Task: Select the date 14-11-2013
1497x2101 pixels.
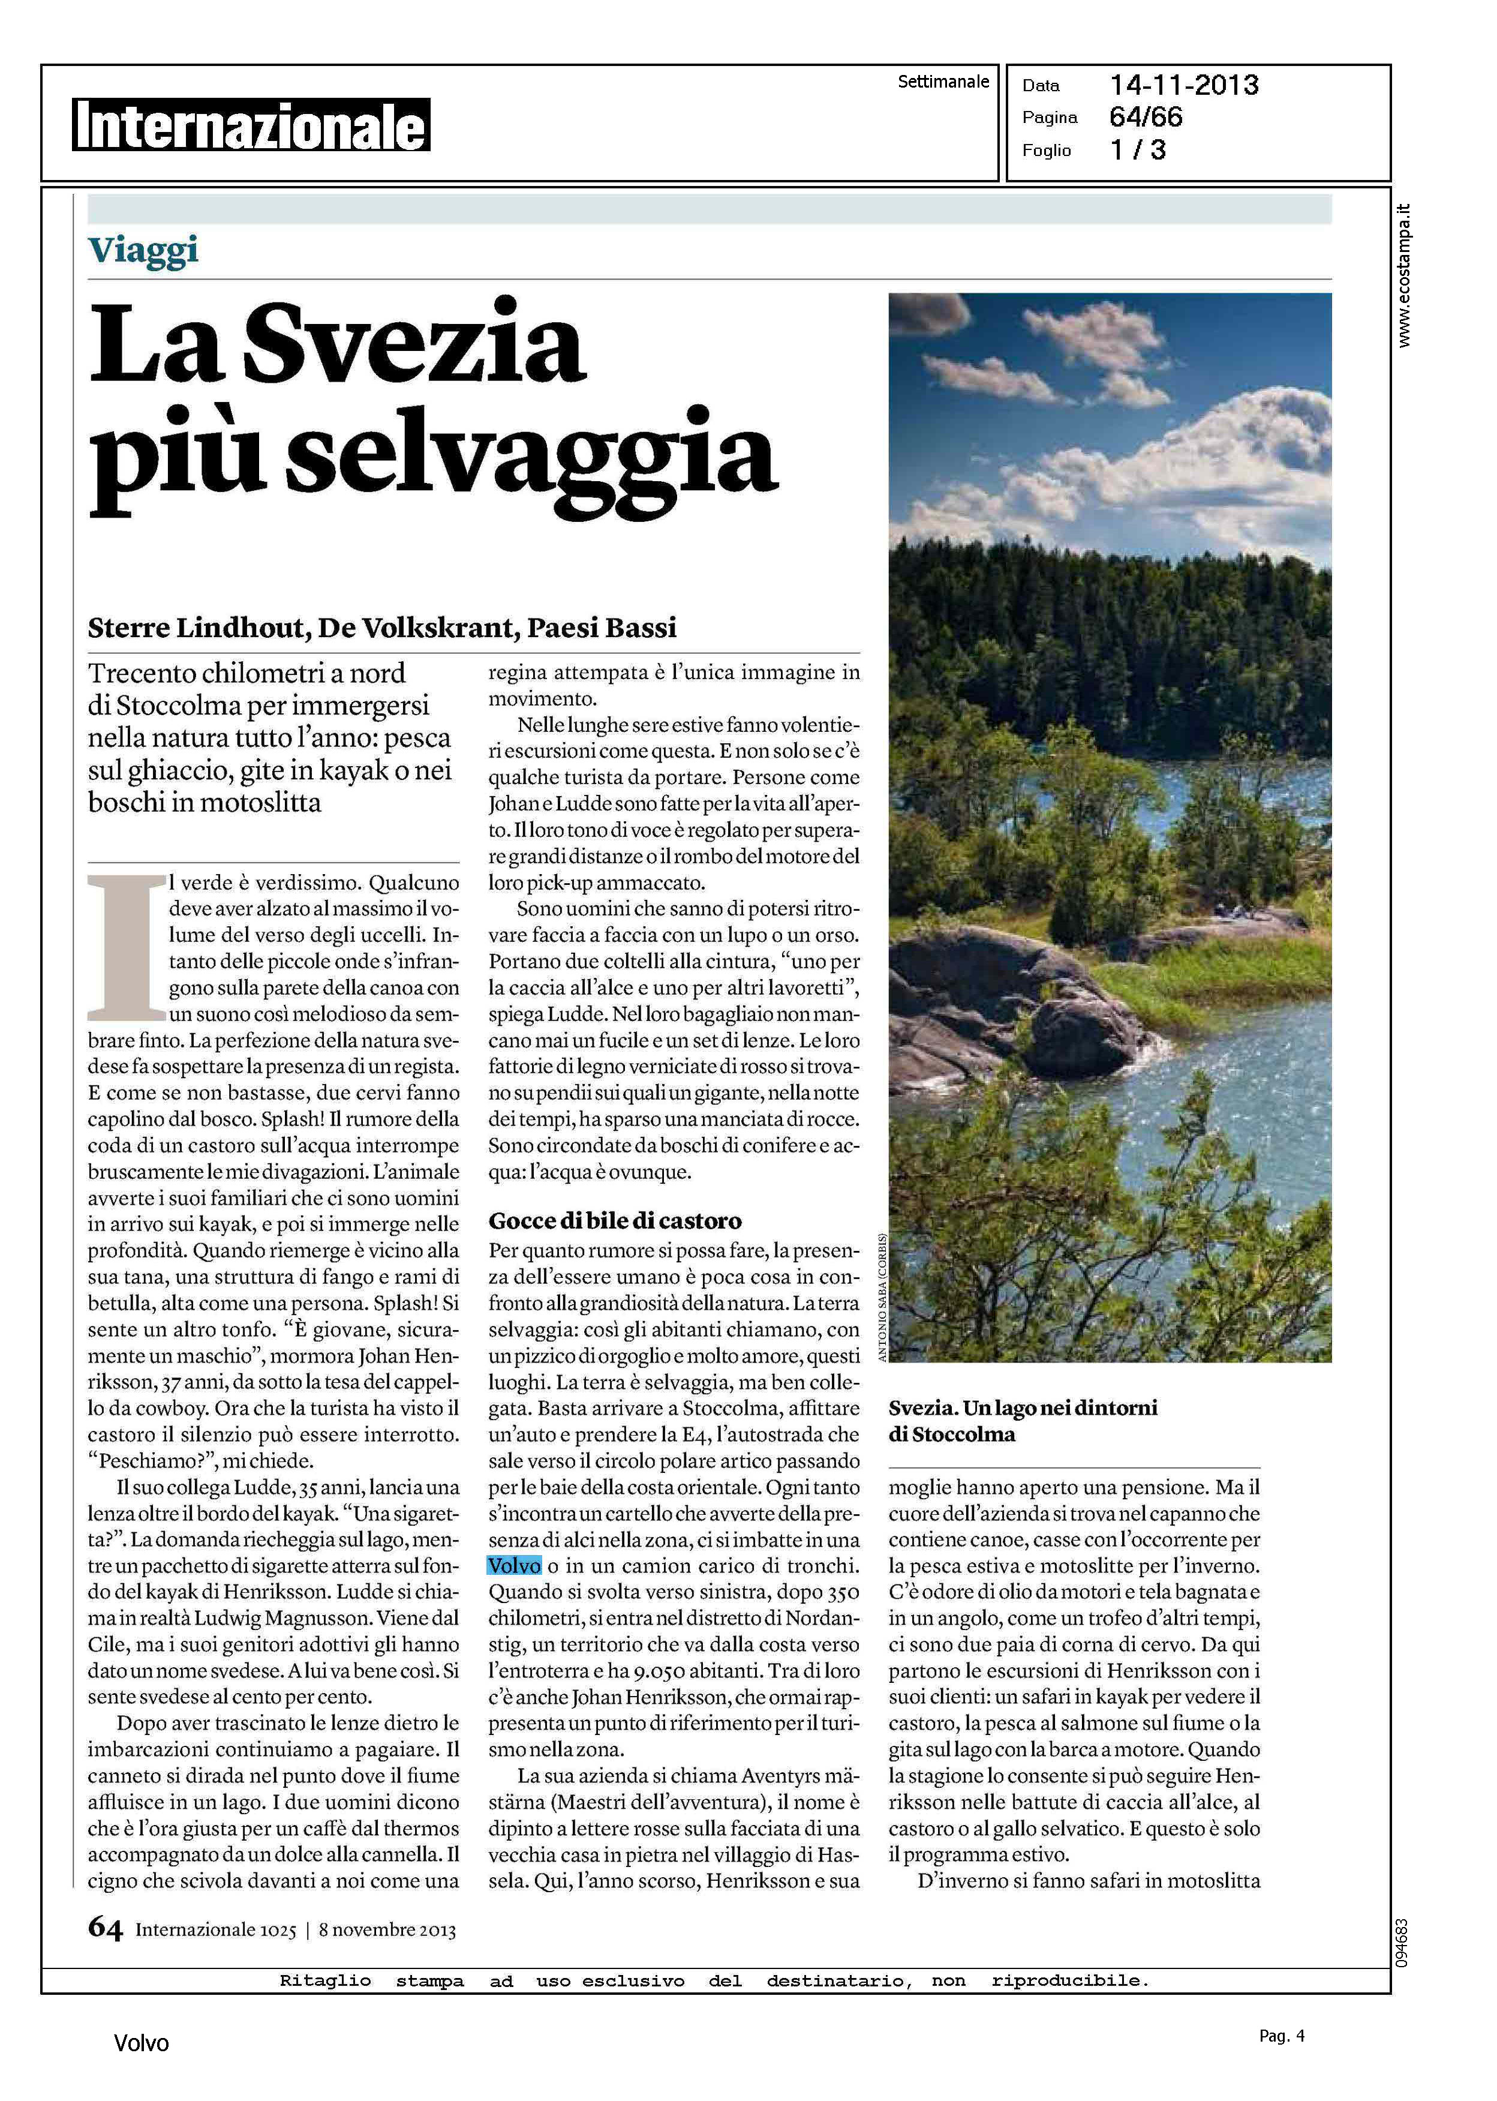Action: tap(1183, 86)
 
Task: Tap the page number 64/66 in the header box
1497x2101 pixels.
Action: tap(1146, 117)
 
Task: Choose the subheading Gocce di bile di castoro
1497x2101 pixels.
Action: tap(615, 1221)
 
